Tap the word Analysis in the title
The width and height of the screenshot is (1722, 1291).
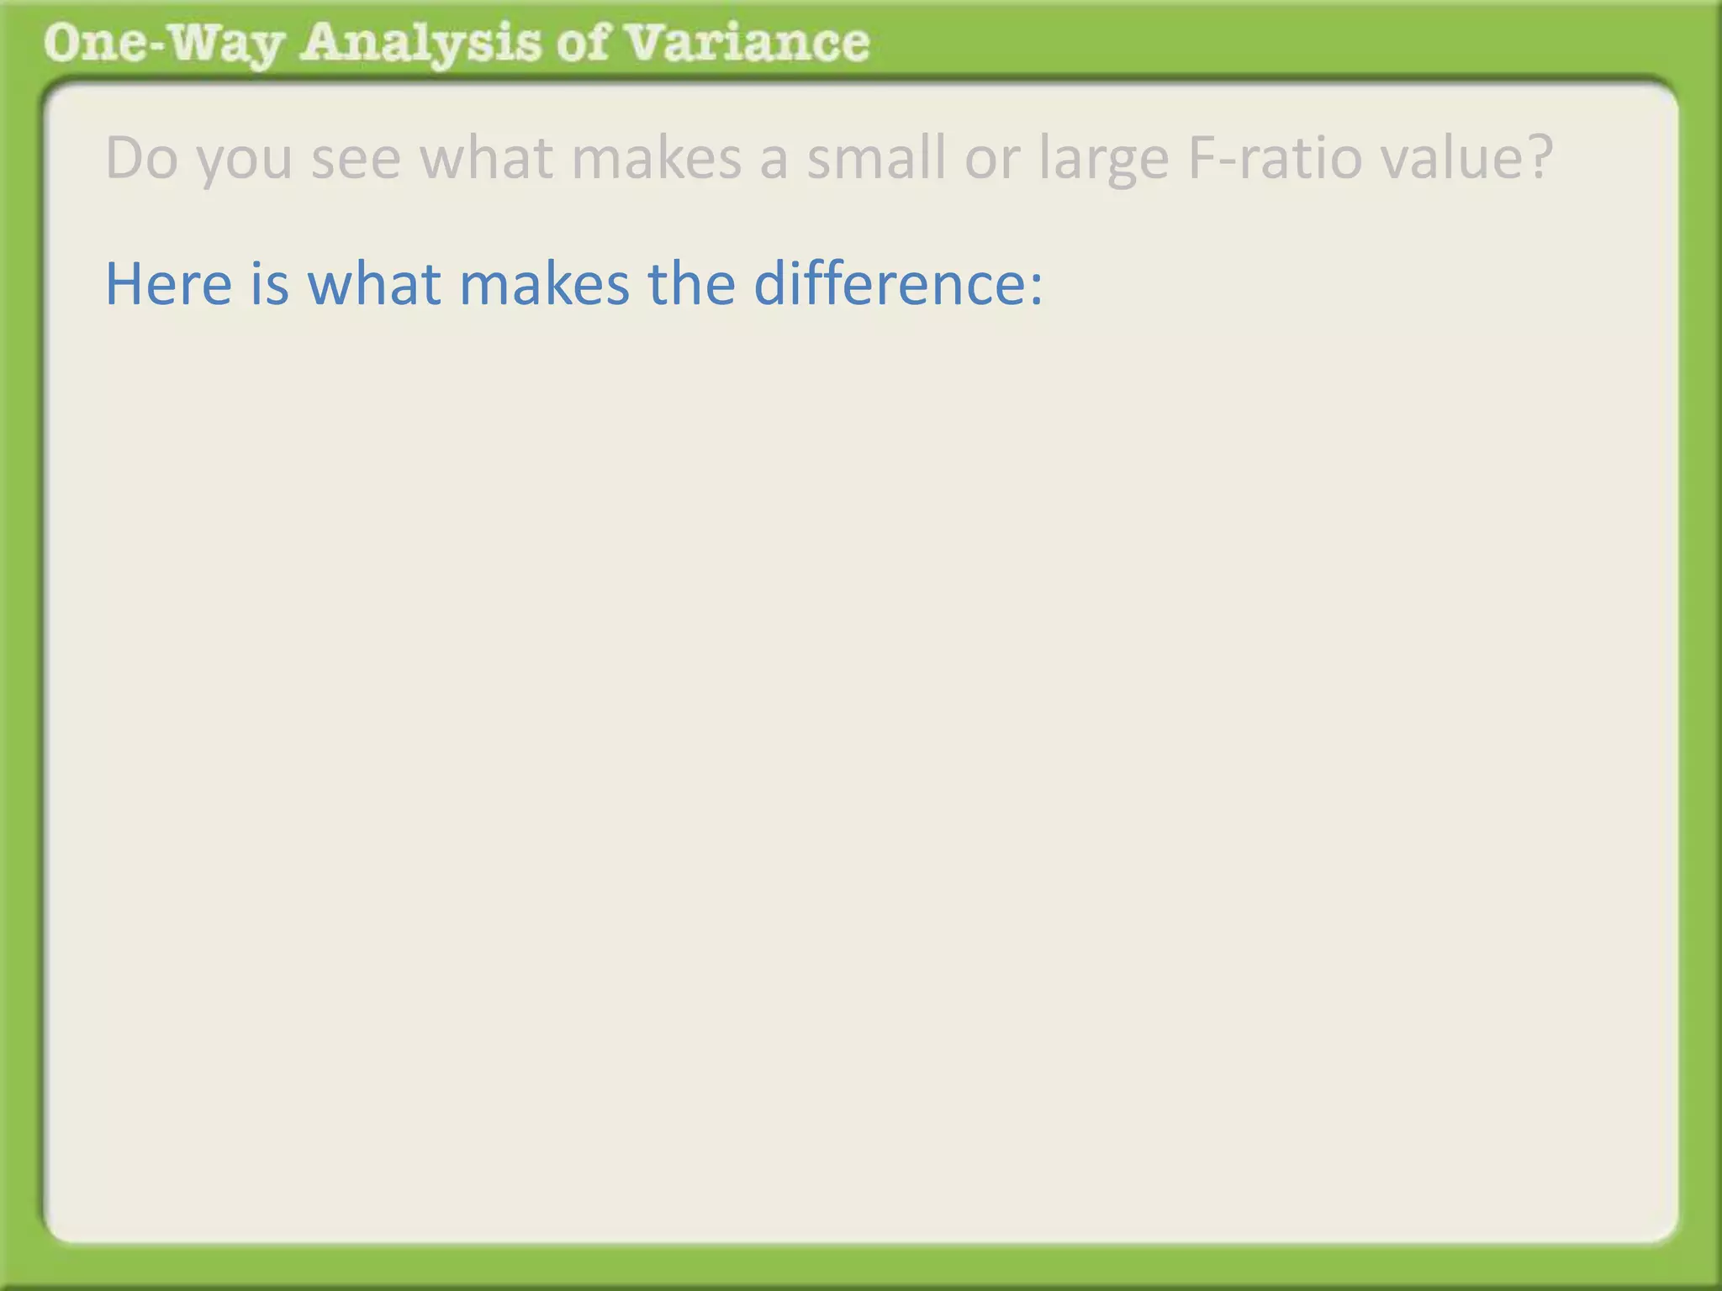click(x=420, y=44)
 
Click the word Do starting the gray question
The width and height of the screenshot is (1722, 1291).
click(x=141, y=158)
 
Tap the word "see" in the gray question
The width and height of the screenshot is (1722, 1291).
click(x=356, y=158)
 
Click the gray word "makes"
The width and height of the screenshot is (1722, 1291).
click(x=656, y=158)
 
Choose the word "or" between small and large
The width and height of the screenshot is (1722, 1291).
click(x=992, y=158)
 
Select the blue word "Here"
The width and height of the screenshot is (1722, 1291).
click(x=168, y=284)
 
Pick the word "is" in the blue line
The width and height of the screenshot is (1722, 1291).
click(x=269, y=284)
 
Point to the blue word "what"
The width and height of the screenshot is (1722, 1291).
click(x=374, y=284)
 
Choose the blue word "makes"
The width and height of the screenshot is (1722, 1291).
click(x=544, y=284)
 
